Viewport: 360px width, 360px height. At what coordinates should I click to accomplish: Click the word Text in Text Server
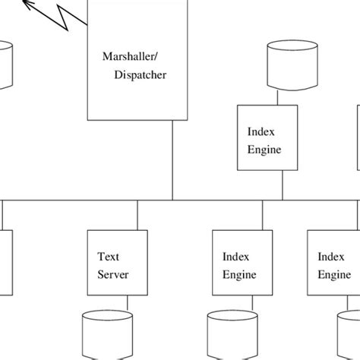pyautogui.click(x=109, y=257)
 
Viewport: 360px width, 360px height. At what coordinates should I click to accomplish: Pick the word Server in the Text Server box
pyautogui.click(x=112, y=274)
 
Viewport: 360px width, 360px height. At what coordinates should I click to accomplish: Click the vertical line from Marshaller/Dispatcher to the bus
pyautogui.click(x=172, y=159)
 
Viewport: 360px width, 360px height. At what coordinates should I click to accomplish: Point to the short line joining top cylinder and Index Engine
pyautogui.click(x=278, y=97)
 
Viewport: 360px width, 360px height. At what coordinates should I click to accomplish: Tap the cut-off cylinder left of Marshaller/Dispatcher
pyautogui.click(x=6, y=65)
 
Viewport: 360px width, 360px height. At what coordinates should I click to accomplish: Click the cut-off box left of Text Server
pyautogui.click(x=6, y=262)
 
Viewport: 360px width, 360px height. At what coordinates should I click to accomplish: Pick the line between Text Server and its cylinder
pyautogui.click(x=127, y=303)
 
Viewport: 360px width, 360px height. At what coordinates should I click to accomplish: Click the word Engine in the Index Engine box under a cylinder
pyautogui.click(x=264, y=150)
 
